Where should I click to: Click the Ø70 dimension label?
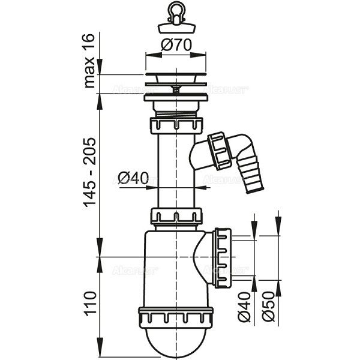(175, 44)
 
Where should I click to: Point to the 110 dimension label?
(91, 304)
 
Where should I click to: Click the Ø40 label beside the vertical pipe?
(133, 178)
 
